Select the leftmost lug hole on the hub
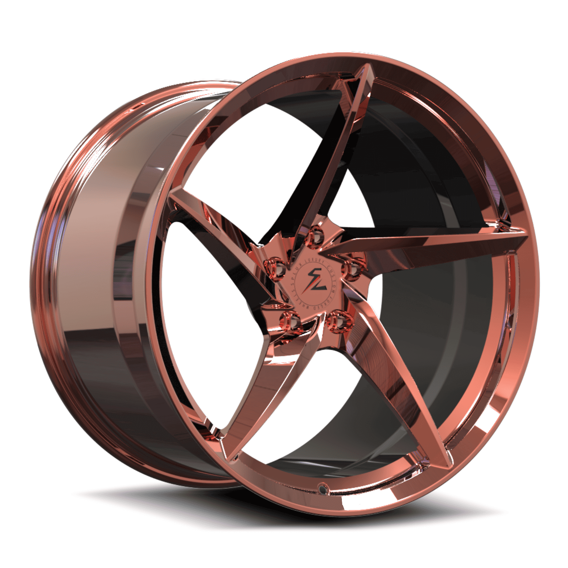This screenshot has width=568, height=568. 277,267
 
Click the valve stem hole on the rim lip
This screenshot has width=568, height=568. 323,488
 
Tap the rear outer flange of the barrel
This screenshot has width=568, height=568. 46,284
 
